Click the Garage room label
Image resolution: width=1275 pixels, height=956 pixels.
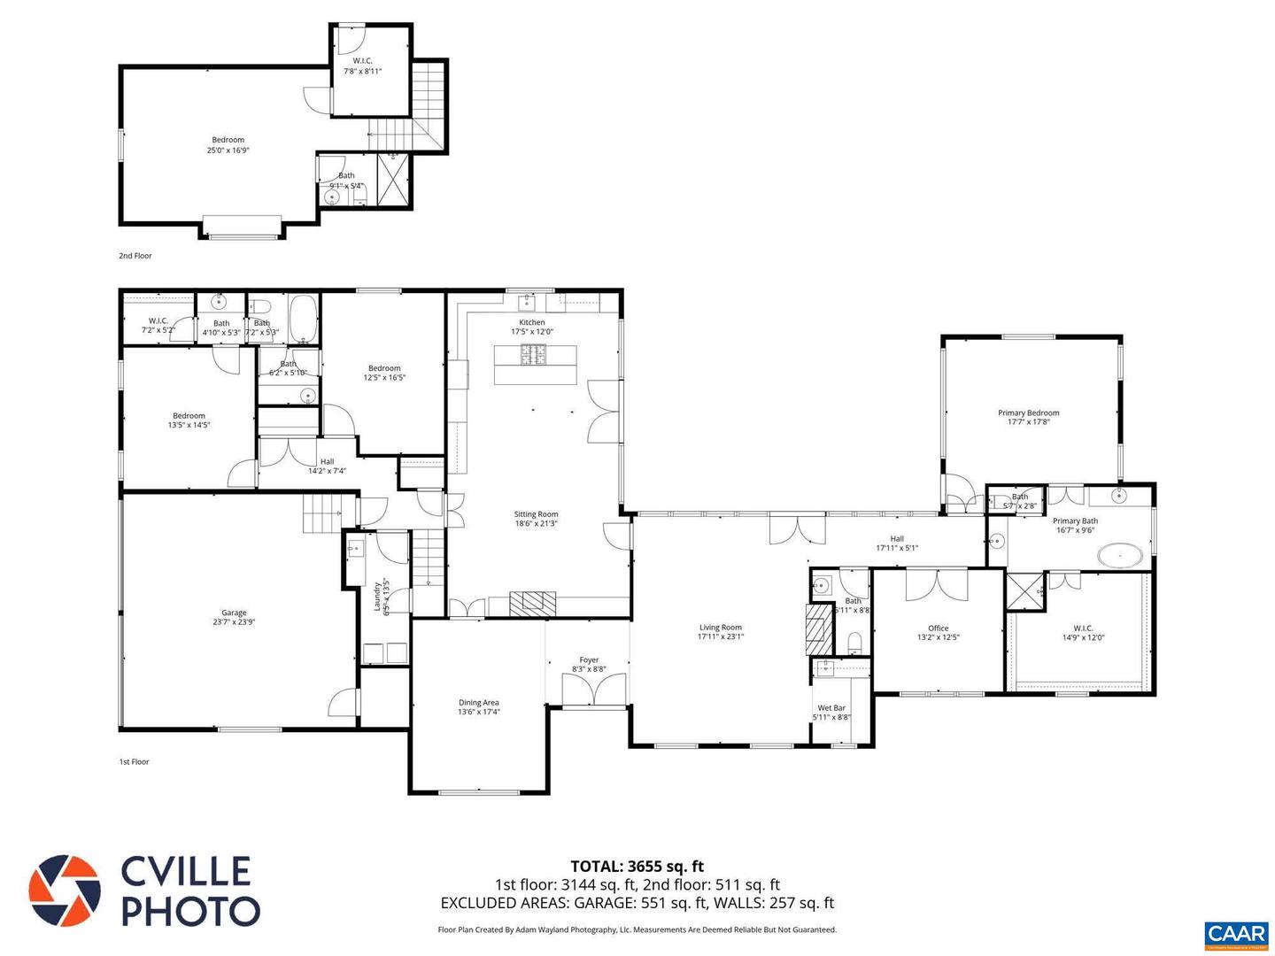[x=234, y=613]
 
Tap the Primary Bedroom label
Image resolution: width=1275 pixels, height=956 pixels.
[x=1028, y=412]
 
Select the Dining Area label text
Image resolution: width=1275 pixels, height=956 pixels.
[x=478, y=703]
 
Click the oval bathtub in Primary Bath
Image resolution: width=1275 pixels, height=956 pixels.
[x=1121, y=557]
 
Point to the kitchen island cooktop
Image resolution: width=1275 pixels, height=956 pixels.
[x=535, y=355]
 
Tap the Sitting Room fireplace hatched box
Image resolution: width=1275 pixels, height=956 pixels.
[x=533, y=603]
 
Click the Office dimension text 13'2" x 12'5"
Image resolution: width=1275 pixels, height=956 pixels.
[x=938, y=637]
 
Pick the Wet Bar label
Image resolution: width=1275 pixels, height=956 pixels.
[x=831, y=708]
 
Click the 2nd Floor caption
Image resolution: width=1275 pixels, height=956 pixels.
[x=135, y=256]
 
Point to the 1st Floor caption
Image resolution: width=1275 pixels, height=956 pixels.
[x=135, y=761]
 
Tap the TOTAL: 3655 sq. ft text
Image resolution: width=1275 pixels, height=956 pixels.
[x=637, y=866]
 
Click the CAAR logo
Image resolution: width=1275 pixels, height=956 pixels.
[x=1236, y=935]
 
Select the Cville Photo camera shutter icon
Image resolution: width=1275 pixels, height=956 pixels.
[x=64, y=890]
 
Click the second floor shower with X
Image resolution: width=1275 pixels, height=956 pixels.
[x=394, y=180]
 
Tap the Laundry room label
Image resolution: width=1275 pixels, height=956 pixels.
[x=378, y=596]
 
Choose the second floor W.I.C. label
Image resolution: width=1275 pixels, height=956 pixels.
[x=362, y=61]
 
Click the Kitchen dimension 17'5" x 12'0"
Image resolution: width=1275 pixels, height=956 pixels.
[x=532, y=332]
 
